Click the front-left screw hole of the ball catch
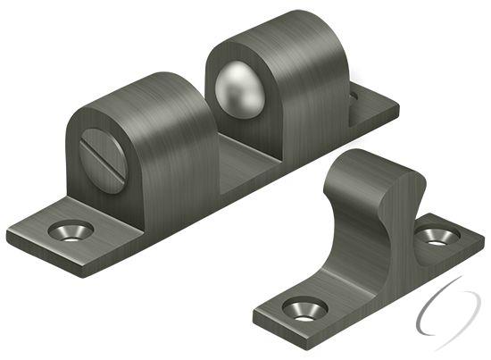tap(71, 230)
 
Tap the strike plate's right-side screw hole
tap(437, 236)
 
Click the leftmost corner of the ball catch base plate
tap(9, 238)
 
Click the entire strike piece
tap(366, 250)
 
